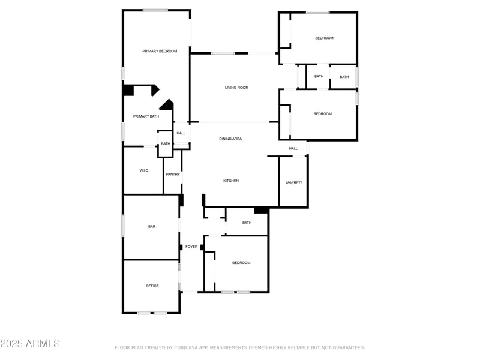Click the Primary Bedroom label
tap(160, 51)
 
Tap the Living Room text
tap(236, 88)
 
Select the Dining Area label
tap(230, 139)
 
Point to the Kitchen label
tap(231, 181)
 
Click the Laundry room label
tap(293, 182)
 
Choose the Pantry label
tap(173, 174)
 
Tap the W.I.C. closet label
tap(144, 170)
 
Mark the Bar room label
tap(152, 226)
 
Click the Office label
tap(152, 286)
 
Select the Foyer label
tap(191, 247)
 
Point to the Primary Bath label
tap(146, 116)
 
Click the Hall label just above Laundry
tap(293, 148)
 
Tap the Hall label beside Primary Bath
tap(181, 133)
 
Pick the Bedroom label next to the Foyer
tap(241, 262)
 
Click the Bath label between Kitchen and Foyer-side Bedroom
tap(247, 223)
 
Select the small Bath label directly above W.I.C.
tap(165, 143)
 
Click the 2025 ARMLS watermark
tap(30, 344)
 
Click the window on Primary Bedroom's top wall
tap(155, 10)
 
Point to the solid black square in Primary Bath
tap(128, 91)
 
